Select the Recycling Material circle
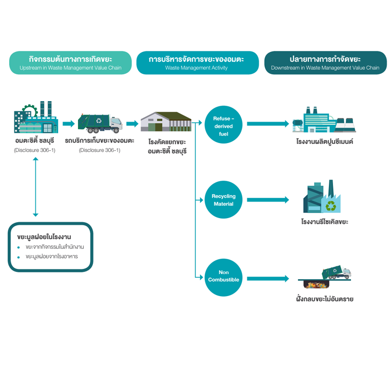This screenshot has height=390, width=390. tap(223, 200)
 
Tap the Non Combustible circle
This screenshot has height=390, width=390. tap(223, 278)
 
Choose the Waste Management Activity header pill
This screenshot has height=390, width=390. tap(197, 63)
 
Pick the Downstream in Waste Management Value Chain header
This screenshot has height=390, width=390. tap(325, 63)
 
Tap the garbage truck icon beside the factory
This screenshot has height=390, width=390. tap(100, 122)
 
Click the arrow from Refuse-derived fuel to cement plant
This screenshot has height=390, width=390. tap(267, 124)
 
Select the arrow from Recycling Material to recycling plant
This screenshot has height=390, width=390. tap(267, 200)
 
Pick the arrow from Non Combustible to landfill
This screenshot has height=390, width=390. tap(267, 279)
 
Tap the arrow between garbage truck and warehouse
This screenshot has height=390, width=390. tap(132, 124)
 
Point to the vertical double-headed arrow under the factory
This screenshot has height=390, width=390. tap(35, 187)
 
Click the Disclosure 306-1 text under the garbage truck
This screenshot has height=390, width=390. tap(100, 150)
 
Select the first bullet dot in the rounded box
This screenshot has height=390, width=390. tap(19, 247)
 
